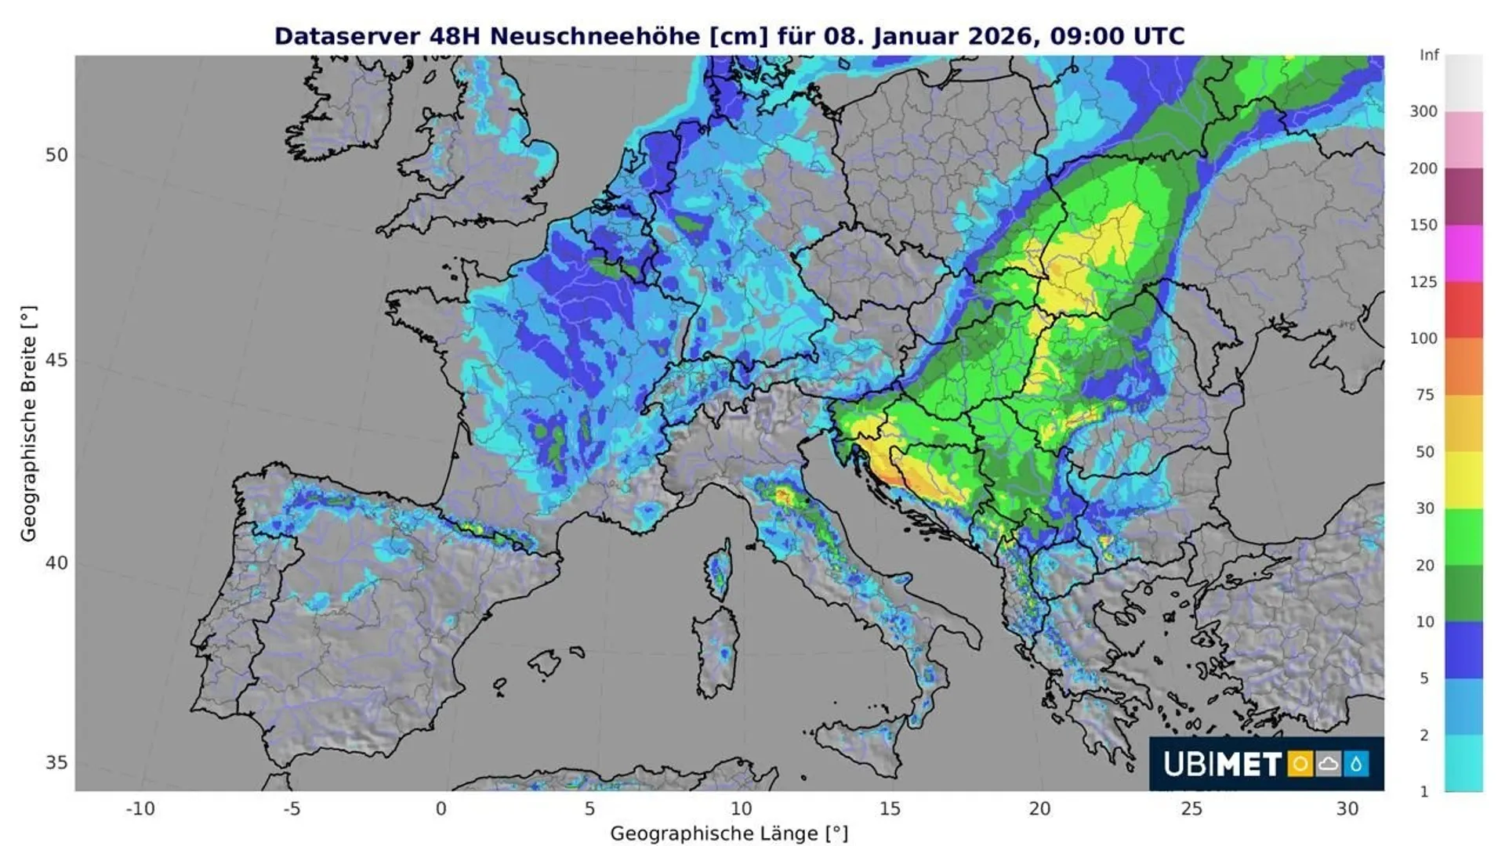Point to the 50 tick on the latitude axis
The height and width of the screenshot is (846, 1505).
tap(56, 155)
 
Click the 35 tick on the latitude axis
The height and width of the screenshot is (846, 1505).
tap(56, 762)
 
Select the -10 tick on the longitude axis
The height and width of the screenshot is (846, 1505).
tap(140, 808)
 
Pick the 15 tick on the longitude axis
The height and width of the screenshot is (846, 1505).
tap(890, 808)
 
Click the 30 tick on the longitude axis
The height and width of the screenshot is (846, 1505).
tap(1347, 808)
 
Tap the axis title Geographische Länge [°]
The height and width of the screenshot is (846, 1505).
tap(729, 833)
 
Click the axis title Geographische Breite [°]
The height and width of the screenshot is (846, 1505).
tap(28, 423)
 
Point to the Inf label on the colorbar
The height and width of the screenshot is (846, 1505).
tap(1429, 55)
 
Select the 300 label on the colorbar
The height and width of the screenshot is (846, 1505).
tap(1423, 111)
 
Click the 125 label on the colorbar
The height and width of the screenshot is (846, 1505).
tap(1423, 281)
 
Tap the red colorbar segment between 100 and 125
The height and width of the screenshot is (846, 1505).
tap(1463, 309)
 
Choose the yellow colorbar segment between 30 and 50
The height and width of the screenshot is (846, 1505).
tap(1463, 479)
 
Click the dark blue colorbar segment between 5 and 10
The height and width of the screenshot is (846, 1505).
tap(1463, 649)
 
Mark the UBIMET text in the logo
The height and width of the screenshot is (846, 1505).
tap(1221, 764)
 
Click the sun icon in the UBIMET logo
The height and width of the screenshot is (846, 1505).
tap(1300, 764)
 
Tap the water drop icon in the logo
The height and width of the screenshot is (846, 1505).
tap(1356, 764)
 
